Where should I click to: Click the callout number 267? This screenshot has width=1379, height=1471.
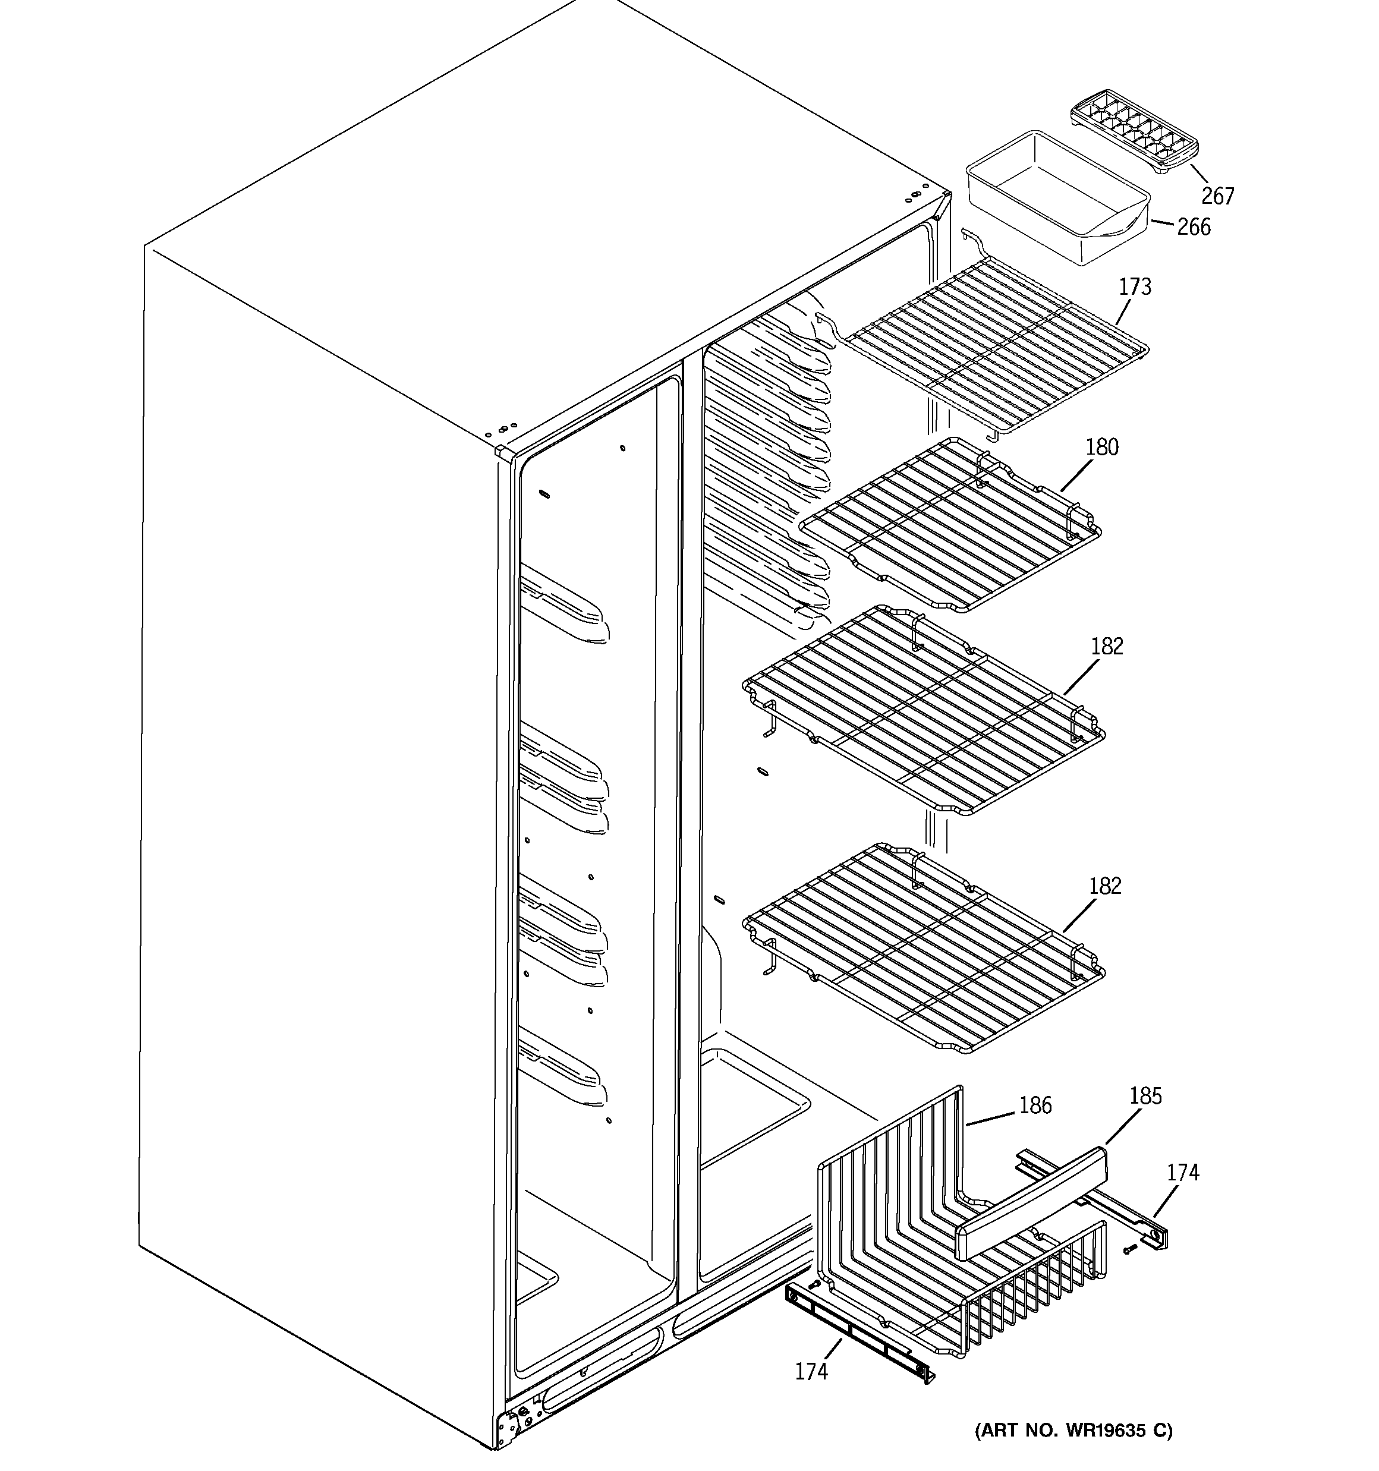(1218, 196)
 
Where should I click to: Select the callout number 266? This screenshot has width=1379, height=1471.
(1194, 227)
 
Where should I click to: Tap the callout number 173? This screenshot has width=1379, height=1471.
(1135, 286)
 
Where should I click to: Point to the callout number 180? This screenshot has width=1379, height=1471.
(1101, 447)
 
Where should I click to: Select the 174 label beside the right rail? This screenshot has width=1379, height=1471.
(1183, 1173)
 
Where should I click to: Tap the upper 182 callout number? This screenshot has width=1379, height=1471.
(1107, 647)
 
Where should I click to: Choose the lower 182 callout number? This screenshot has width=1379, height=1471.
(1105, 886)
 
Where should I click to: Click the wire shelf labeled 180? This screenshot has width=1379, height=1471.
(951, 525)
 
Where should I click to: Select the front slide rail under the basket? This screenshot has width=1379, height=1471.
(859, 1332)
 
